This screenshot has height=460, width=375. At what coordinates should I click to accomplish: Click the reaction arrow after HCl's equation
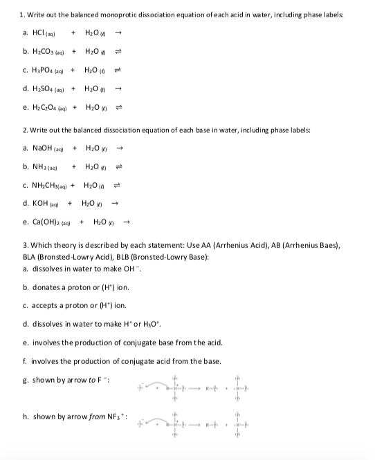pyautogui.click(x=119, y=33)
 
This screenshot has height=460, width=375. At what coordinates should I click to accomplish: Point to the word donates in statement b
pyautogui.click(x=45, y=287)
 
